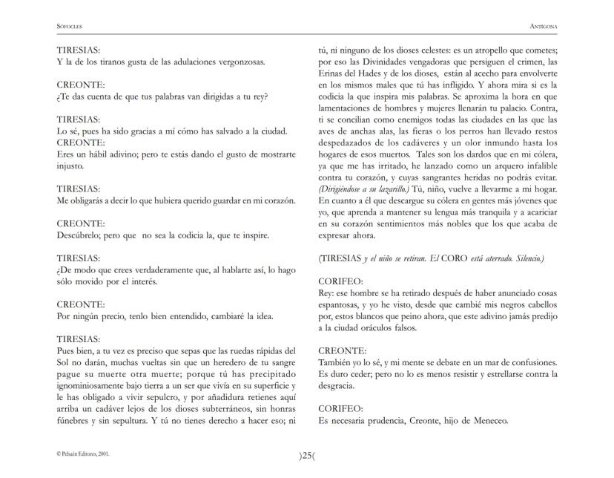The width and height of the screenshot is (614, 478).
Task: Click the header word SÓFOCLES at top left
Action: (x=69, y=26)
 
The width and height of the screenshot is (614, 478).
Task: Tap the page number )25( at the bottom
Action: (x=306, y=456)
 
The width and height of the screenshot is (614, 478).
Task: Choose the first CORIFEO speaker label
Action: (x=340, y=282)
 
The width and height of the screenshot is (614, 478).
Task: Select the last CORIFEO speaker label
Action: (x=340, y=409)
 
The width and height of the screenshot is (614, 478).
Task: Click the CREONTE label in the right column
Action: (x=342, y=350)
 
